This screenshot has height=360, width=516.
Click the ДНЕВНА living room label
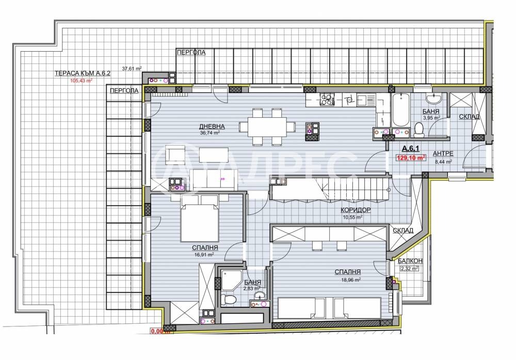tap(212, 127)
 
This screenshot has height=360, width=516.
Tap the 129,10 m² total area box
tap(411, 158)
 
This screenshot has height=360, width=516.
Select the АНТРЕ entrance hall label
tap(443, 153)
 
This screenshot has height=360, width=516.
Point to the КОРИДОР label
tap(356, 210)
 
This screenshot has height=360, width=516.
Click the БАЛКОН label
tap(410, 261)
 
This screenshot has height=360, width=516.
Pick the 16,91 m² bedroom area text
tap(204, 255)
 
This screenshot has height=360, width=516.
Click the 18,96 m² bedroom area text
tap(350, 279)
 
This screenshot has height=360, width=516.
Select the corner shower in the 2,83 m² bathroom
tap(231, 280)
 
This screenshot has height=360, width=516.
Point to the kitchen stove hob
tap(327, 100)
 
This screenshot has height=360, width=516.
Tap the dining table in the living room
tap(267, 127)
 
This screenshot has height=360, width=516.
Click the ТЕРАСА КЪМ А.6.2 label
tap(82, 73)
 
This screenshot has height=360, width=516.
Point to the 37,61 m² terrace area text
tap(132, 69)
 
